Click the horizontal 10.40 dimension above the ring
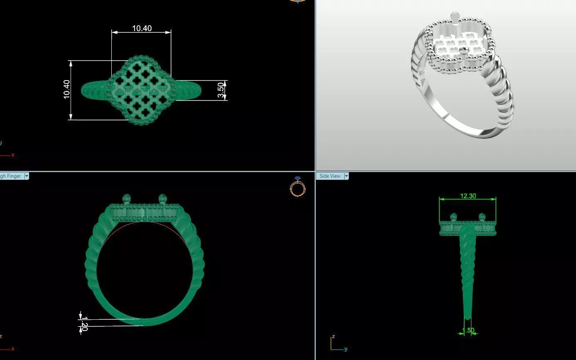point(142,29)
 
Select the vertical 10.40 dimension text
point(67,89)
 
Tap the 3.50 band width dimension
point(221,90)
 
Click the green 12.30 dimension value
point(468,196)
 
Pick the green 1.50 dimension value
point(468,331)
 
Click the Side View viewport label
point(330,176)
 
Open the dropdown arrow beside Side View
point(346,176)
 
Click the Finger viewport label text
point(11,176)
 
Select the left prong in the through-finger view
point(127,198)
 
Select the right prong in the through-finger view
point(162,198)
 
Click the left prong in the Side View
point(453,217)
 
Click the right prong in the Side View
point(482,217)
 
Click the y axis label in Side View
point(346,349)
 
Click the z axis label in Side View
point(333,336)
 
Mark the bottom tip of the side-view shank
point(468,318)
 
